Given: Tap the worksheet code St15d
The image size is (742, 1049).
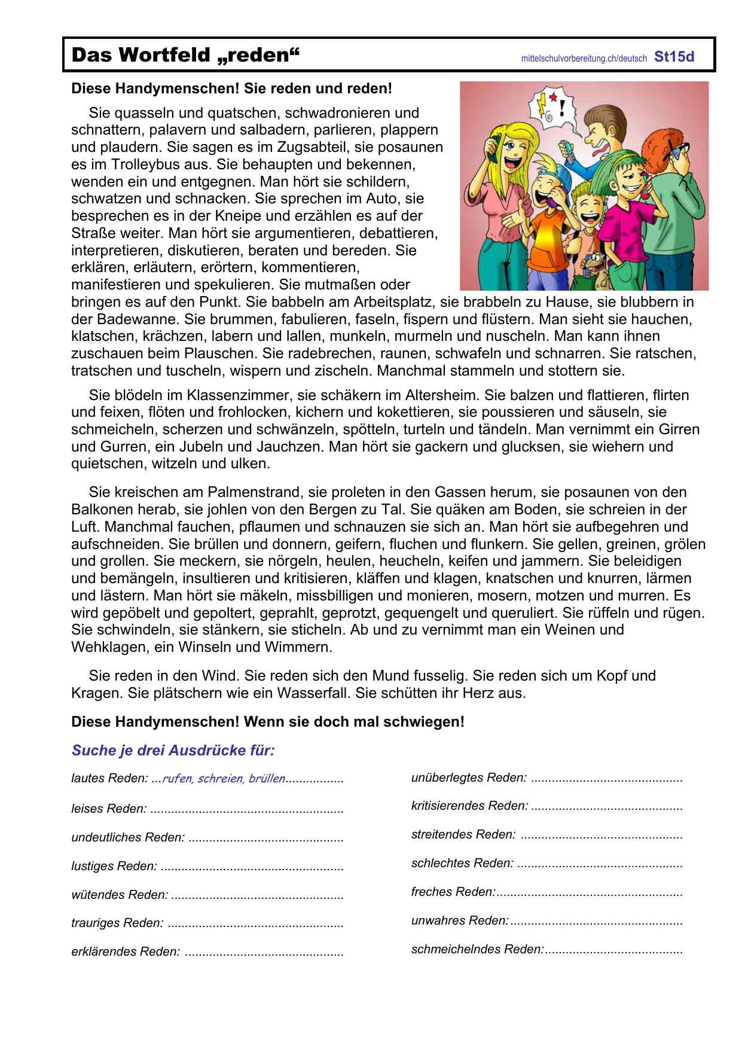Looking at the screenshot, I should pos(674,57).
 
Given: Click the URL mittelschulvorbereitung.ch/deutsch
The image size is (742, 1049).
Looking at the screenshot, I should pos(584,59).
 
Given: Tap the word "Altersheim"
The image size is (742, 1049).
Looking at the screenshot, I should pos(442,395).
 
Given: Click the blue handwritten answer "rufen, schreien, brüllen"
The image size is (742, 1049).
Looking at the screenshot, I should pos(224,779).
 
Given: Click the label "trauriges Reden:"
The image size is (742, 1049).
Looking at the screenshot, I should pos(117,923).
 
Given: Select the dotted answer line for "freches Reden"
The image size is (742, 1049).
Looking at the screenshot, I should pos(589,893).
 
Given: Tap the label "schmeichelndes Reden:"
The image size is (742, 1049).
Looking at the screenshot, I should pos(477,949).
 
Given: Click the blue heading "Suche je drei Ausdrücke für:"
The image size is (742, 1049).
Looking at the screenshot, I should pos(173,751).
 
